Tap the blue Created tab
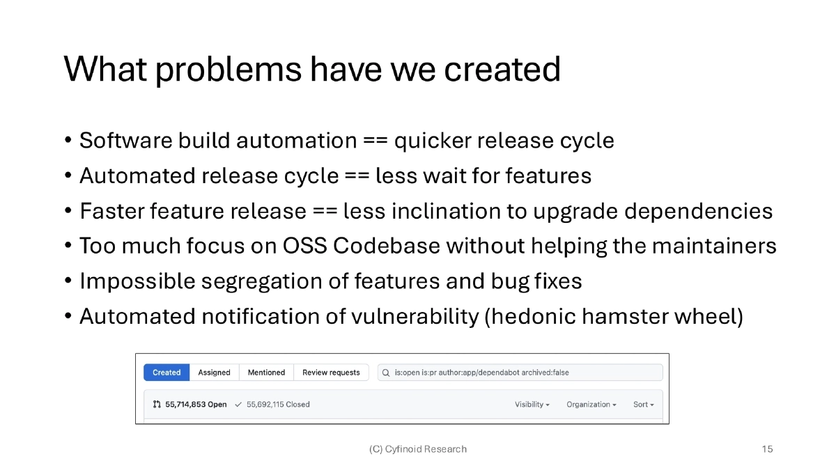coord(167,373)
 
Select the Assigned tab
coord(214,373)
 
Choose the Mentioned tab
coord(266,373)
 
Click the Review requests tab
coord(331,373)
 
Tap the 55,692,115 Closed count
coord(278,405)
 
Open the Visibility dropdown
coord(532,405)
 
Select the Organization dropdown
coord(591,405)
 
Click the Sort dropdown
coord(643,405)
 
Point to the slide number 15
coord(767,449)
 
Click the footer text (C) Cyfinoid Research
coord(418,449)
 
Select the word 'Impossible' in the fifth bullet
coord(137,281)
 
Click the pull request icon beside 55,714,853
coord(157,405)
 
